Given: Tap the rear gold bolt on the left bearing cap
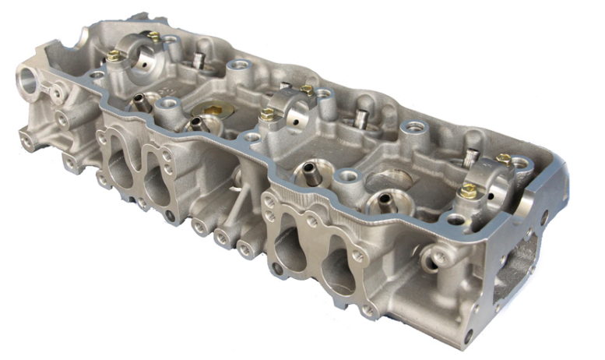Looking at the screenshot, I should (154, 36).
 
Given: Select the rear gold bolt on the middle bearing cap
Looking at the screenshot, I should (307, 90).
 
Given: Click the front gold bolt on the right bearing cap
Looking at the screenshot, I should (468, 190).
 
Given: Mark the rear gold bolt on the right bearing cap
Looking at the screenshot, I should (504, 158).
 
